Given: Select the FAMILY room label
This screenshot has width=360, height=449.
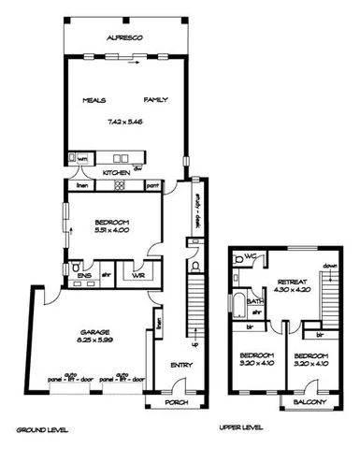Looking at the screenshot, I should tap(155, 99).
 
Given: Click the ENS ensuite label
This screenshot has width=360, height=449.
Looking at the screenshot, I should tap(83, 276).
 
